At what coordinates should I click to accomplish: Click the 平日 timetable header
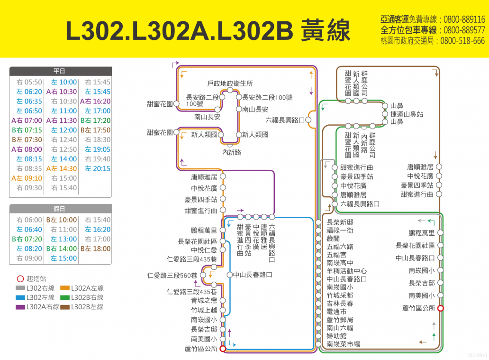[x=59, y=71]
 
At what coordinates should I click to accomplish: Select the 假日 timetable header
[x=59, y=209]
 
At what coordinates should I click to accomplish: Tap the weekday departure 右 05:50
[x=29, y=82]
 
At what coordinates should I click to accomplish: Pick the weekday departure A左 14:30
[x=62, y=168]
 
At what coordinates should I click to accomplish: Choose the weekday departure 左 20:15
[x=98, y=168]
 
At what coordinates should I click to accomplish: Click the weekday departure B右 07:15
[x=27, y=130]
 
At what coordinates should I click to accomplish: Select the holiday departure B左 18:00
[x=95, y=249]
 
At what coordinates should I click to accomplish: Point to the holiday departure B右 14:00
[x=62, y=249]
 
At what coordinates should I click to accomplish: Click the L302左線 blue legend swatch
[x=20, y=297]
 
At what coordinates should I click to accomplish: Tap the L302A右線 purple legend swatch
[x=20, y=307]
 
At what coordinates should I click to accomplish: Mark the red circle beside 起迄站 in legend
[x=20, y=279]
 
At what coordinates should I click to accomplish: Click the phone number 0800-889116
[x=464, y=19]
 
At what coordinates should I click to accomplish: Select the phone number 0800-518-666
[x=462, y=41]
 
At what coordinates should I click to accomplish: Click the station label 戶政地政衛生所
[x=230, y=83]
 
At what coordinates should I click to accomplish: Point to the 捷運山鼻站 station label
[x=407, y=114]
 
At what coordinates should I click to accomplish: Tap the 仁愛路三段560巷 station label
[x=172, y=276]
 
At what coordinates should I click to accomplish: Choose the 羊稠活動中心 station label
[x=346, y=271]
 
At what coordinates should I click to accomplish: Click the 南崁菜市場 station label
[x=343, y=344]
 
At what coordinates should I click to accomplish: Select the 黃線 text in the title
[x=326, y=30]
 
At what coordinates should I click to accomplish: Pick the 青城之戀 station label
[x=204, y=300]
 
